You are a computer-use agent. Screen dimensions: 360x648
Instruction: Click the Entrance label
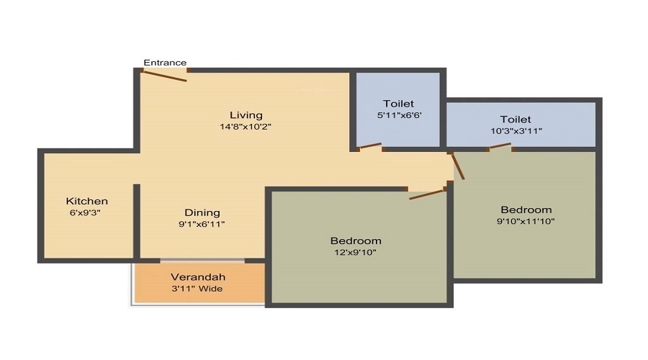tap(165, 63)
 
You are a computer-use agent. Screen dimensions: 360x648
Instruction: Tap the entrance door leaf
tap(165, 75)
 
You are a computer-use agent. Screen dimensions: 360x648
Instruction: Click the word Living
tap(246, 115)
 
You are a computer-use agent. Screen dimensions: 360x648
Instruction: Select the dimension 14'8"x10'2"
tap(246, 127)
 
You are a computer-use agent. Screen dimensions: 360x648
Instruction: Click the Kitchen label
tap(87, 201)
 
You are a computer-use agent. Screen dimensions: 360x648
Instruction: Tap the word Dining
tap(202, 212)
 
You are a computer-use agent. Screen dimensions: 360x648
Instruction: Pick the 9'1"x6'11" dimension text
tap(202, 225)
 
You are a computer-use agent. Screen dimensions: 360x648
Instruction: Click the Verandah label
tap(198, 277)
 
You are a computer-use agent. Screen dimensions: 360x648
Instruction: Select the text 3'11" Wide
tap(198, 289)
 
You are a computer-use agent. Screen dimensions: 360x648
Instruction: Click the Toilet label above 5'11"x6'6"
tap(398, 104)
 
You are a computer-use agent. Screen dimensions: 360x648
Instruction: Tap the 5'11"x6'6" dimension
tap(398, 115)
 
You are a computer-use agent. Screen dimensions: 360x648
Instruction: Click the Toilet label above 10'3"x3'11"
tap(516, 120)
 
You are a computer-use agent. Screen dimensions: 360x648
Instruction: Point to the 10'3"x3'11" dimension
tap(516, 131)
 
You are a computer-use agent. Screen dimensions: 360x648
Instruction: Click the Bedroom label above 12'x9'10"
tap(356, 240)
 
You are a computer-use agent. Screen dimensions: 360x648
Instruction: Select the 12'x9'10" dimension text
tap(356, 252)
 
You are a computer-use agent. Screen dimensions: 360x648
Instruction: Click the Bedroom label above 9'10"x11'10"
tap(526, 210)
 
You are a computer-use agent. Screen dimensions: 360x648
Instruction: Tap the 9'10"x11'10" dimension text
tap(526, 221)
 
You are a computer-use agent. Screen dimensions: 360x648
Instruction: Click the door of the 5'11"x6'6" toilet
tap(369, 147)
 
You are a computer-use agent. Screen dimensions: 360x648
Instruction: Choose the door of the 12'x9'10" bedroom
tap(427, 194)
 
